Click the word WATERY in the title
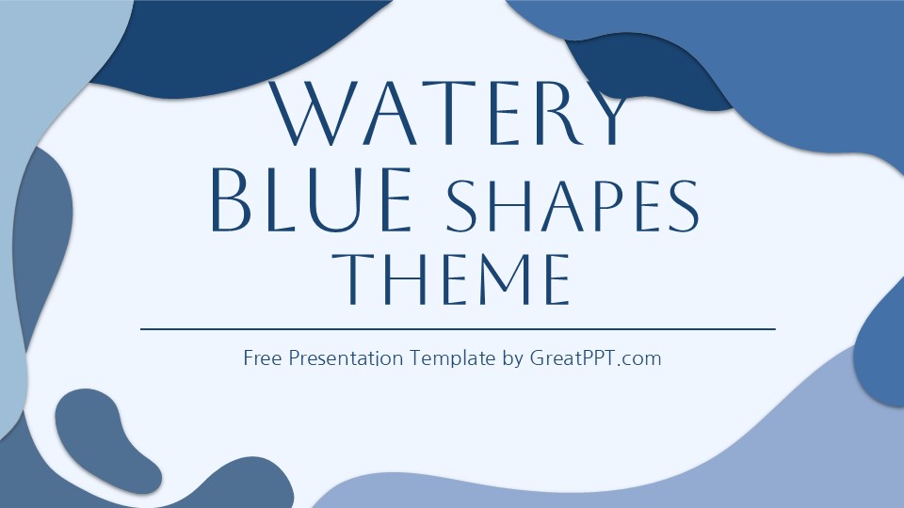point(451,115)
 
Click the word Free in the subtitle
point(264,358)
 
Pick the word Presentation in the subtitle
point(347,358)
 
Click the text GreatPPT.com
point(594,358)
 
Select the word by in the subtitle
point(512,359)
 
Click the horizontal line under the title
point(458,329)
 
